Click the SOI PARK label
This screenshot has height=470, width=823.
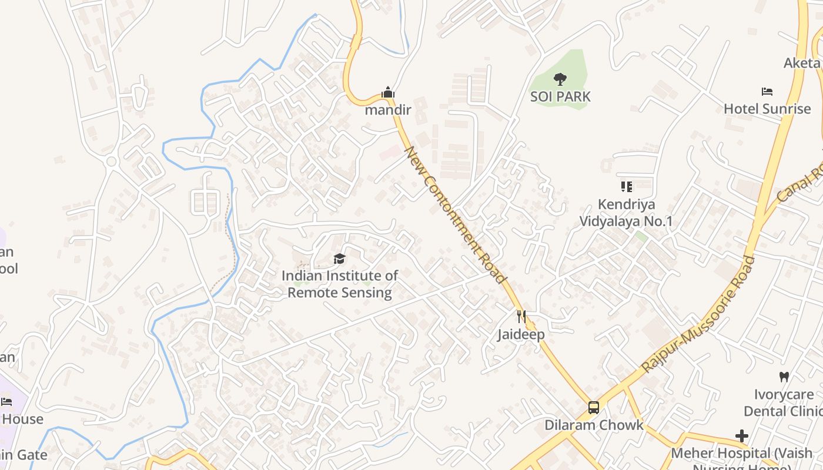click(560, 96)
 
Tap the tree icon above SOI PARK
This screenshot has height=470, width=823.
click(560, 79)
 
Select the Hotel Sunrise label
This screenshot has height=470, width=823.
click(767, 109)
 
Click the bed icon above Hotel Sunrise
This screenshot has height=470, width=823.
click(767, 92)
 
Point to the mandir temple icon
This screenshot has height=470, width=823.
click(387, 93)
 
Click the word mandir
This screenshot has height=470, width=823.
click(387, 110)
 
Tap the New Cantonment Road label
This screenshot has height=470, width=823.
click(456, 214)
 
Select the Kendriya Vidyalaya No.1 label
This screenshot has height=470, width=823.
click(626, 213)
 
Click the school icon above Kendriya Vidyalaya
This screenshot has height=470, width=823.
click(626, 187)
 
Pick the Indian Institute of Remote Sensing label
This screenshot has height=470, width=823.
click(340, 284)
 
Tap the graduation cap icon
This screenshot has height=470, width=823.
click(339, 258)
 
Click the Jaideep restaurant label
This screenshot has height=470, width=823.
click(521, 334)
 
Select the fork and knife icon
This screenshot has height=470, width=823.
click(521, 317)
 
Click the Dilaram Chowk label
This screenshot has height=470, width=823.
click(594, 425)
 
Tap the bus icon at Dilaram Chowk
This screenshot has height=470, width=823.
click(594, 408)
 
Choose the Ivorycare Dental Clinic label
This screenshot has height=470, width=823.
click(784, 402)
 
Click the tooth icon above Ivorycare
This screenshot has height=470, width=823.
click(784, 377)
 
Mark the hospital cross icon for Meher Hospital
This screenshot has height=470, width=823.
click(742, 436)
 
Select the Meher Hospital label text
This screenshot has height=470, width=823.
click(741, 454)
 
